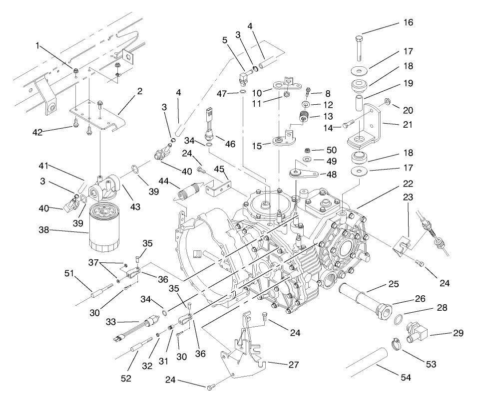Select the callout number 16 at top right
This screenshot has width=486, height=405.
[x=408, y=22]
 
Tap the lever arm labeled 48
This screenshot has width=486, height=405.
[x=305, y=174]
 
